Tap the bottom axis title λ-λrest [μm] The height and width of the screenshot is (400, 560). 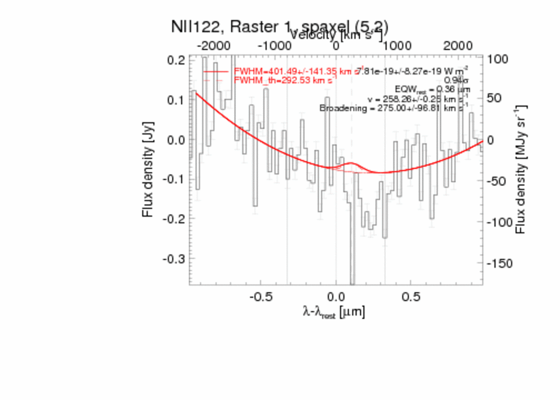click(x=334, y=313)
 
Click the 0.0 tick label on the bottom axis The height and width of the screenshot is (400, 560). click(x=335, y=295)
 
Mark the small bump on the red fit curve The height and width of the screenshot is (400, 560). click(x=351, y=163)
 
